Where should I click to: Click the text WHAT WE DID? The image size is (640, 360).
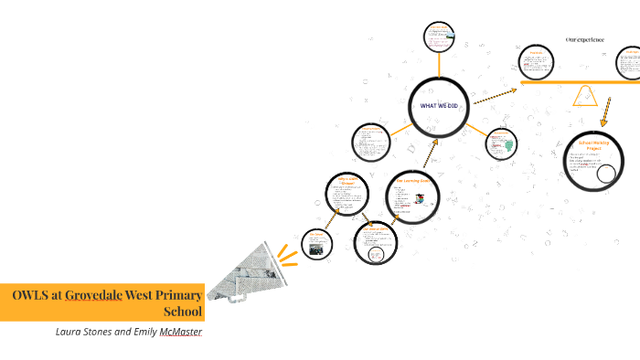click(439, 106)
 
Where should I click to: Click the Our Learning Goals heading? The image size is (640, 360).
click(418, 181)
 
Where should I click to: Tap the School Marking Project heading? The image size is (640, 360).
click(593, 146)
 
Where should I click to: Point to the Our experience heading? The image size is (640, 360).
click(585, 39)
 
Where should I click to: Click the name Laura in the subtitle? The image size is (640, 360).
click(72, 331)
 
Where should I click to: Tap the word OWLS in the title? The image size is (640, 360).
click(34, 294)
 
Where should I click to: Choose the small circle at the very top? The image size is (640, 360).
click(439, 37)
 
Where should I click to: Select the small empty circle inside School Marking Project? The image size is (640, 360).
click(605, 174)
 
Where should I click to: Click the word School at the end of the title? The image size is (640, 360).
click(181, 311)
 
